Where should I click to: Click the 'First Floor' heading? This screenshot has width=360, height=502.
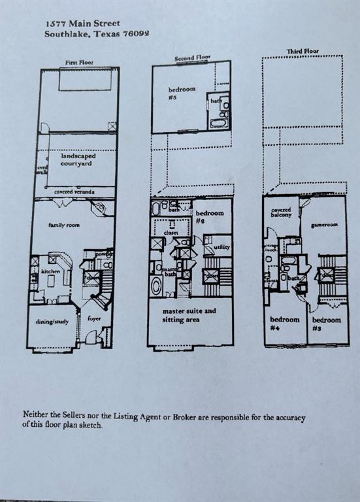pyautogui.click(x=80, y=63)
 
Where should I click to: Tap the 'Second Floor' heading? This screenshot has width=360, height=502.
pyautogui.click(x=193, y=59)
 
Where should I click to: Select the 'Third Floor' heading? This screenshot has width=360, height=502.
pyautogui.click(x=303, y=51)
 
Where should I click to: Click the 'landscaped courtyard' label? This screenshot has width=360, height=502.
pyautogui.click(x=76, y=160)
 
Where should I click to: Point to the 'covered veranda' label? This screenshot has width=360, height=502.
pyautogui.click(x=74, y=192)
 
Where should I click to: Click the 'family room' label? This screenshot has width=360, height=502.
pyautogui.click(x=63, y=225)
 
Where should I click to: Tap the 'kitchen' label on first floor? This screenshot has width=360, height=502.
pyautogui.click(x=50, y=271)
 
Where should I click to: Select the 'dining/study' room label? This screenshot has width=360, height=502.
pyautogui.click(x=52, y=320)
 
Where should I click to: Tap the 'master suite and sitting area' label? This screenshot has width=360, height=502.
pyautogui.click(x=189, y=315)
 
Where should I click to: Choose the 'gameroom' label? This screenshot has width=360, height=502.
pyautogui.click(x=324, y=224)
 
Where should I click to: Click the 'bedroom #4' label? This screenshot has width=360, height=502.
pyautogui.click(x=285, y=324)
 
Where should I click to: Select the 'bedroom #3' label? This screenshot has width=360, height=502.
pyautogui.click(x=326, y=324)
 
